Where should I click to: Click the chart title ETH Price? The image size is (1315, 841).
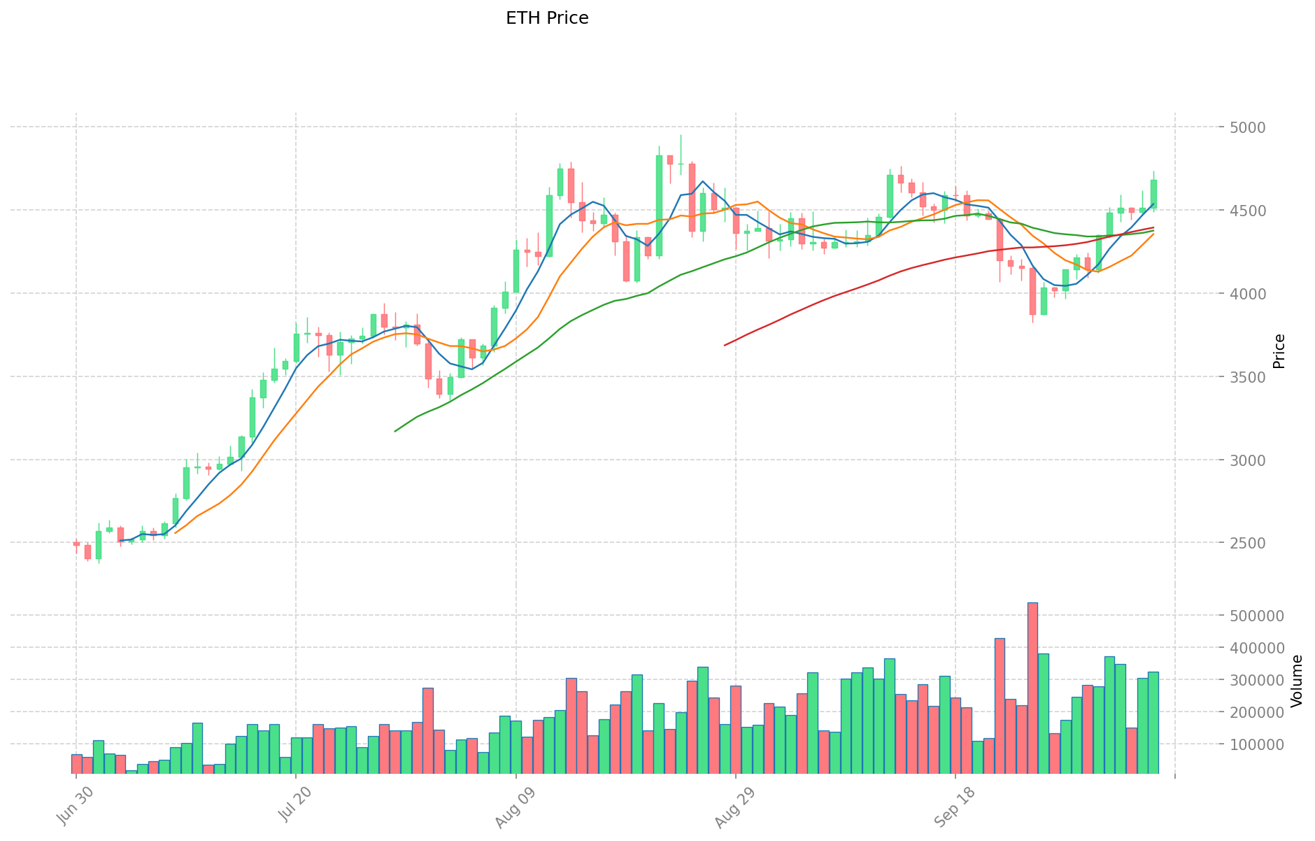547,18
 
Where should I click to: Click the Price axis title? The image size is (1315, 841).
1279,351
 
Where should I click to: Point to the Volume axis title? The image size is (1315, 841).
1297,681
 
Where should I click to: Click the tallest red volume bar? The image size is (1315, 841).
1032,688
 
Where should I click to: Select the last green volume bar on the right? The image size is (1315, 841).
1153,723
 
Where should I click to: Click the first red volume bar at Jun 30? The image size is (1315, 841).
76,764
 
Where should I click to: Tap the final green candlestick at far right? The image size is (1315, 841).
1153,194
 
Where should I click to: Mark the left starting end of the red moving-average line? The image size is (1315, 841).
725,345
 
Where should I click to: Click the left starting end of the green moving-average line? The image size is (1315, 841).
395,431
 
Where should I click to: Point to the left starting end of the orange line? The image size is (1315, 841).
175,533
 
